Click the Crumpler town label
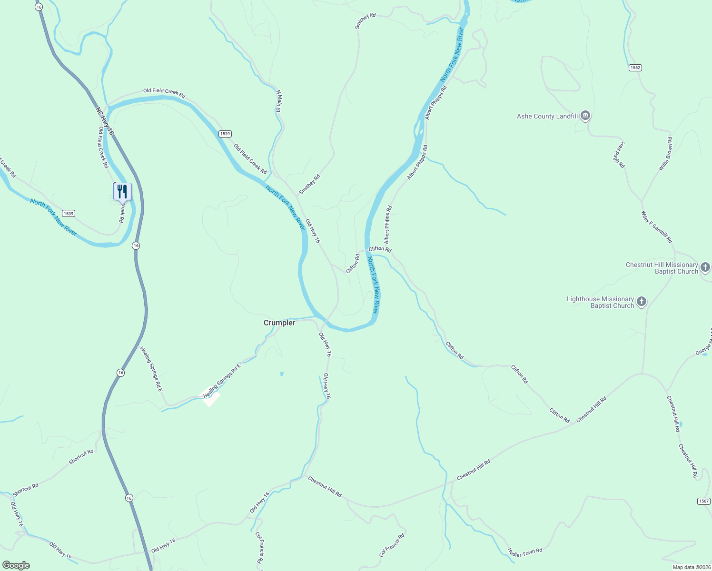tap(279, 323)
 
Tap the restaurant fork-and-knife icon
tap(122, 191)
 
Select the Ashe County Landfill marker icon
tap(586, 116)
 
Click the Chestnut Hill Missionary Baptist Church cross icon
tap(705, 267)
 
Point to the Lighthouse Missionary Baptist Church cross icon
tap(642, 302)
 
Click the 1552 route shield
tap(635, 68)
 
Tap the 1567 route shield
tap(704, 501)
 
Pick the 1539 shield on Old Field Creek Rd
tap(225, 134)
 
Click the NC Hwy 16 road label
tap(105, 121)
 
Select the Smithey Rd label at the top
tap(366, 21)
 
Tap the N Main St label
tap(279, 101)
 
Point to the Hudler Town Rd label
tap(525, 552)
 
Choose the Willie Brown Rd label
tap(665, 154)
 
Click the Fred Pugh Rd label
tap(619, 155)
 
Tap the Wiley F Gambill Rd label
tap(657, 227)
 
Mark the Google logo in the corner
tap(16, 565)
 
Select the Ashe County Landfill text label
tap(547, 116)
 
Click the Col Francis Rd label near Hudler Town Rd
tap(392, 545)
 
